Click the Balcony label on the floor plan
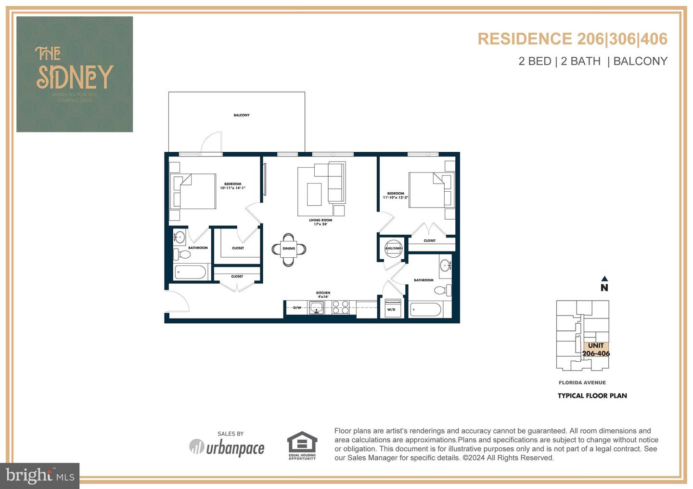click(242, 115)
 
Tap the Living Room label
click(321, 222)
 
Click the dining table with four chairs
click(289, 249)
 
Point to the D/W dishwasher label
click(297, 307)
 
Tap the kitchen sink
click(317, 307)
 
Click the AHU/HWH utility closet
click(393, 248)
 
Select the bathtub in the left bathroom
click(191, 272)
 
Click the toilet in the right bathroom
click(442, 290)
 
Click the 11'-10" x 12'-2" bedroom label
click(396, 196)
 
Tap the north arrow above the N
click(604, 278)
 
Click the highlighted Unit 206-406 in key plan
click(596, 350)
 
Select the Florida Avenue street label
click(582, 383)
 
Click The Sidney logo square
click(75, 74)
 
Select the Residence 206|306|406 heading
click(572, 39)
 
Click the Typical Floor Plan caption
click(592, 396)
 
